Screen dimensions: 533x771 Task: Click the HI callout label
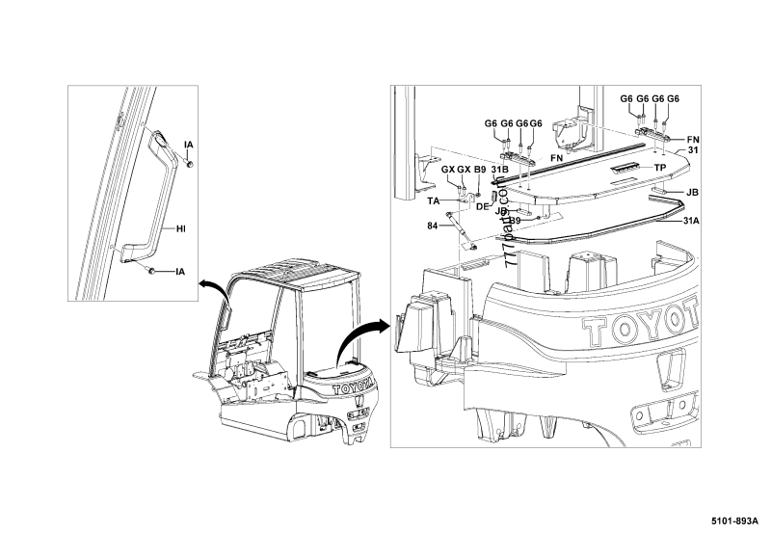click(180, 229)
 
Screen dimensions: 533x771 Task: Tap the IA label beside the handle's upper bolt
click(189, 145)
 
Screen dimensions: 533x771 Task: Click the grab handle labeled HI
click(153, 202)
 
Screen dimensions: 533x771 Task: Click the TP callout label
click(660, 168)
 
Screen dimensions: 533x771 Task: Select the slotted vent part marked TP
click(625, 168)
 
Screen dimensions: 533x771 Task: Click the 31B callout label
click(499, 170)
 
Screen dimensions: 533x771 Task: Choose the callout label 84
click(433, 227)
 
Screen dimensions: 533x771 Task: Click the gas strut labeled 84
click(462, 228)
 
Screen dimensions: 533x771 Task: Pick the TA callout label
click(434, 200)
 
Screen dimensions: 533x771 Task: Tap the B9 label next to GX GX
click(480, 170)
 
